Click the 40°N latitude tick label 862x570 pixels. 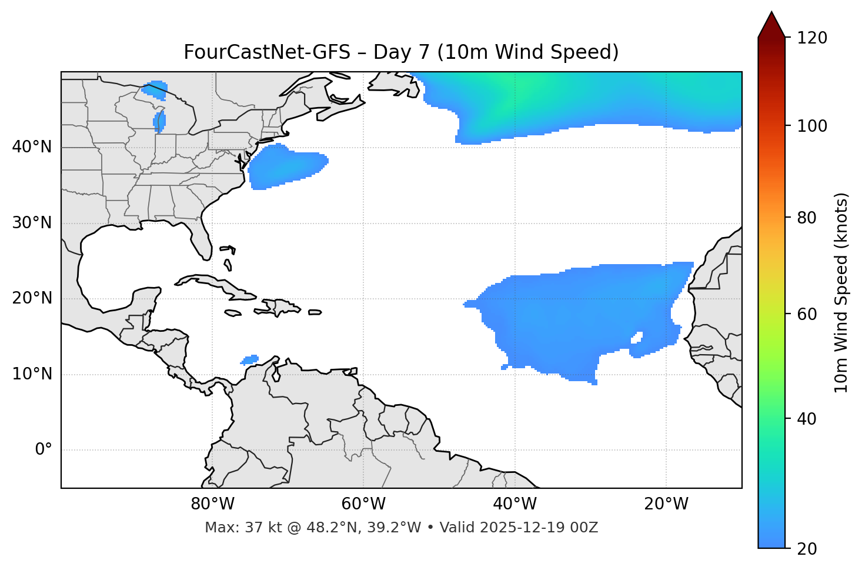tap(32, 147)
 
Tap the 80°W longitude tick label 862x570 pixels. tap(212, 504)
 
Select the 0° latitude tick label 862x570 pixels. tap(44, 450)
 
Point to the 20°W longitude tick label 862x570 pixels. tap(666, 504)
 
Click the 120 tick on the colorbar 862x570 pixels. tap(813, 38)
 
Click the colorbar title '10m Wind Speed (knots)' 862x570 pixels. tap(841, 292)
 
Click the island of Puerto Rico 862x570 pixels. tap(315, 312)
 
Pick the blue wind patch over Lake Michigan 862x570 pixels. tap(159, 122)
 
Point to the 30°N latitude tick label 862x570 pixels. tap(32, 223)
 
